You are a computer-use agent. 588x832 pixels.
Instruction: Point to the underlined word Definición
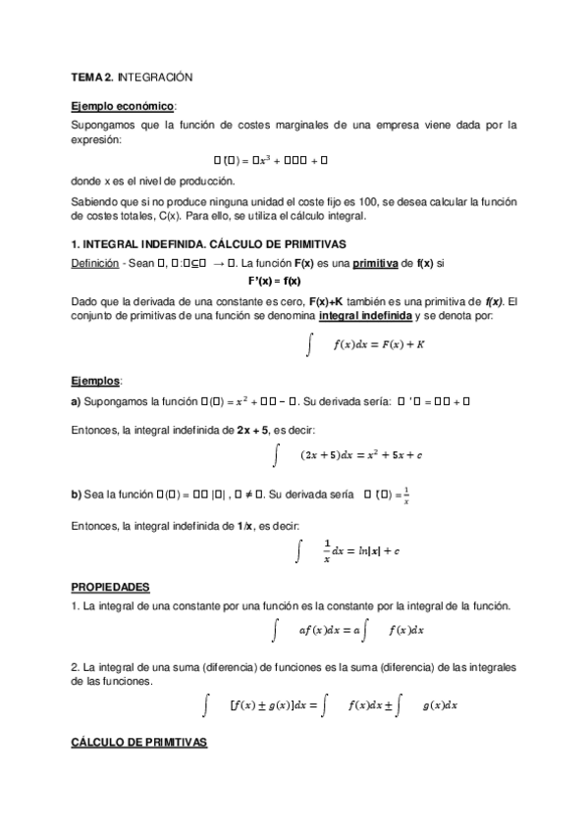pos(95,263)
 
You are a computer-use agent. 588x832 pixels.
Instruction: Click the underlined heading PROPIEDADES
pos(110,587)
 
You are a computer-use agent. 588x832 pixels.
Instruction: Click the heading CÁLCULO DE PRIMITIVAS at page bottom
pos(138,744)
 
